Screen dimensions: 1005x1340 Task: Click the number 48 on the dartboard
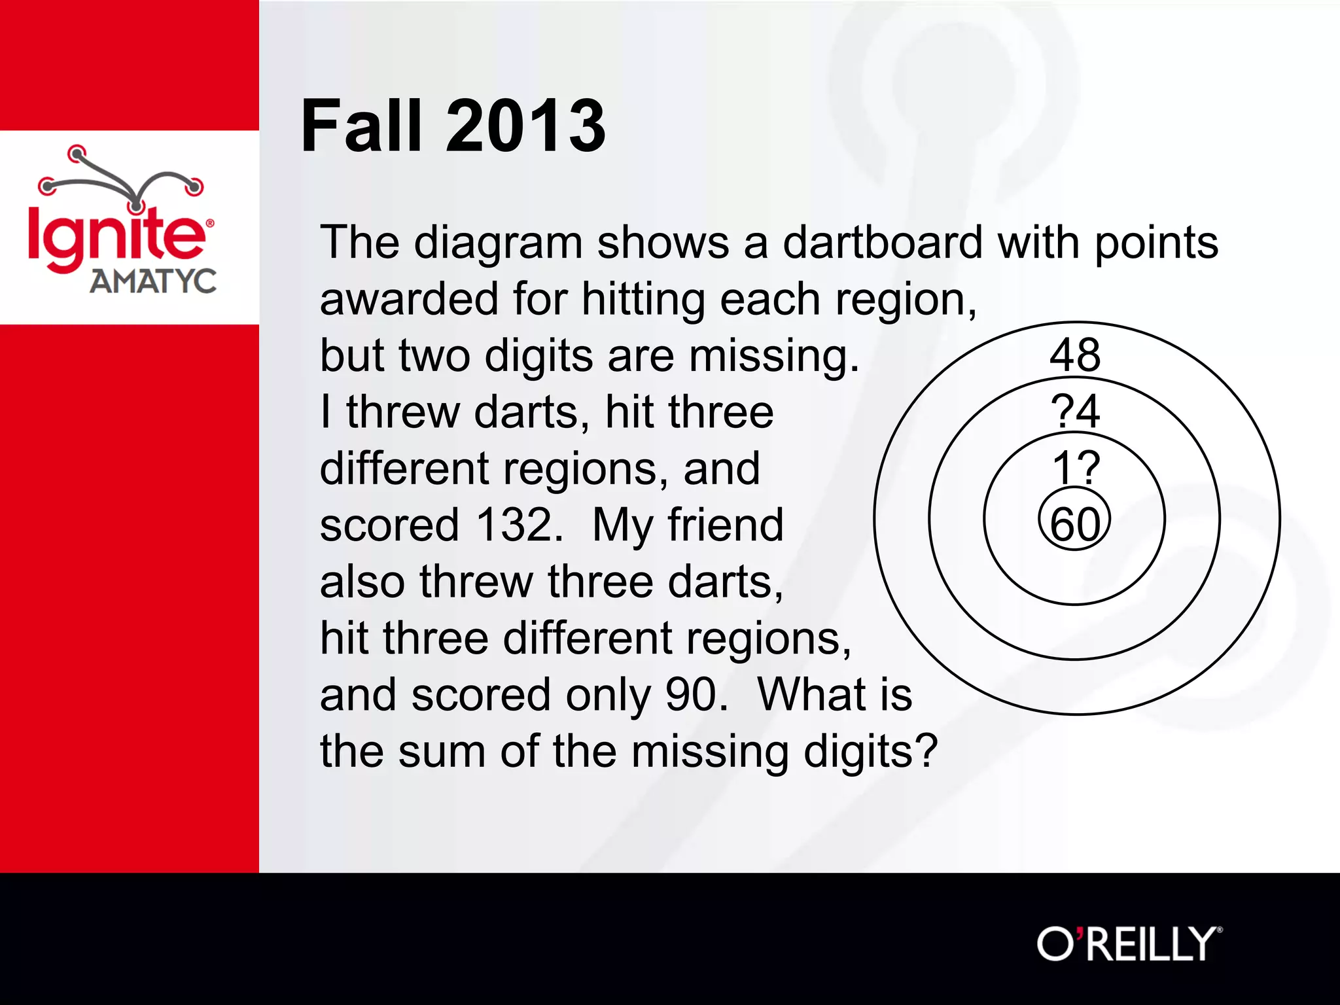tap(1075, 355)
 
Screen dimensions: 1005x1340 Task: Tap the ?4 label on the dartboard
tap(1075, 412)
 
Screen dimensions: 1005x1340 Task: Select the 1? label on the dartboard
tap(1076, 468)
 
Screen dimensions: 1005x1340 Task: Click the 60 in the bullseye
tap(1075, 524)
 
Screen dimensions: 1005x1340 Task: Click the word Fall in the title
tap(361, 126)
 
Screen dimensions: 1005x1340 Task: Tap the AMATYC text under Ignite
tap(153, 282)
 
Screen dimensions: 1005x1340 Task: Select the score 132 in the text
tap(518, 525)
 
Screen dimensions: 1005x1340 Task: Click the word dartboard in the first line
tap(883, 243)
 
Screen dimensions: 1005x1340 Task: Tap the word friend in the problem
tap(726, 525)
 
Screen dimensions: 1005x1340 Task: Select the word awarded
tap(409, 299)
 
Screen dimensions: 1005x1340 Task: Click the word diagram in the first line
tap(498, 243)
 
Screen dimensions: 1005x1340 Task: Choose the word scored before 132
tap(390, 525)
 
